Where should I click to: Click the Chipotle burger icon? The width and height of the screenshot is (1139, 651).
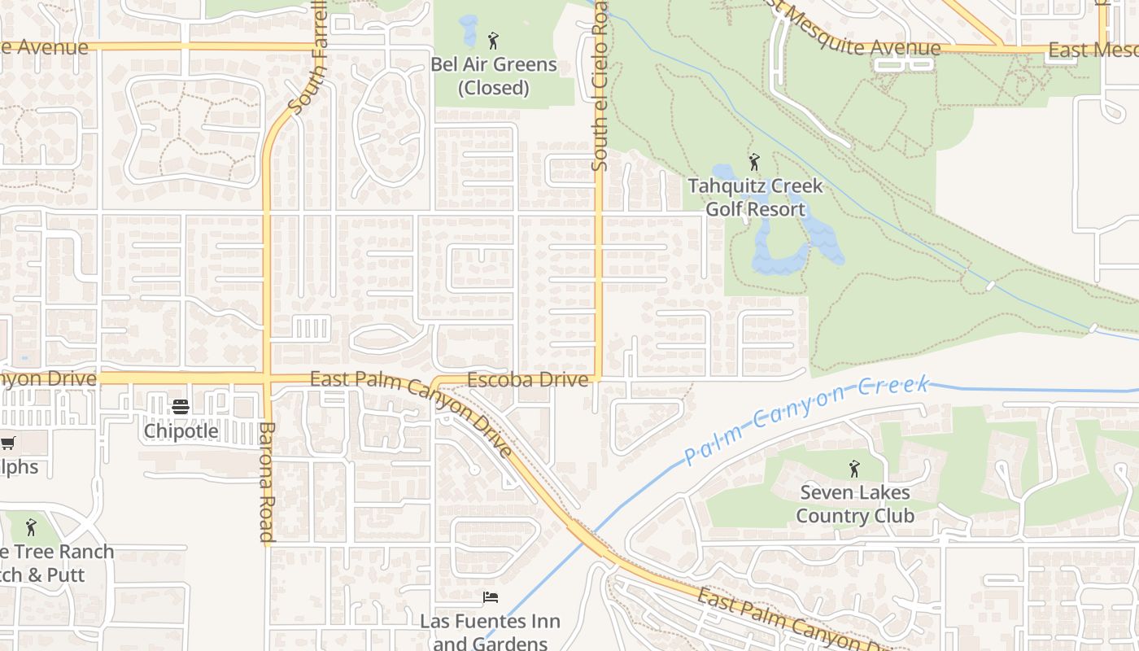point(181,407)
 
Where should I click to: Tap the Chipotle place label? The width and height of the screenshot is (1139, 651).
point(181,430)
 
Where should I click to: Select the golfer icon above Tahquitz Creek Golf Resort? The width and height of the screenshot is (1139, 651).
point(754,161)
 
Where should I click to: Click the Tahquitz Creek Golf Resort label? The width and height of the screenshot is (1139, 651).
point(755,198)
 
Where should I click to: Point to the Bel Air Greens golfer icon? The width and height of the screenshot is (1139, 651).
point(492,41)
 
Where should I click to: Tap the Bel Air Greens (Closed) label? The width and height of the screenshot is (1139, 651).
point(494,76)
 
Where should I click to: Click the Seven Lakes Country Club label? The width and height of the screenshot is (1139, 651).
point(855,504)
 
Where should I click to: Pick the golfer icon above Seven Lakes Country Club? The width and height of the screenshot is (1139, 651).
point(854,469)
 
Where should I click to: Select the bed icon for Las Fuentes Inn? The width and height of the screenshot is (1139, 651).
point(491,598)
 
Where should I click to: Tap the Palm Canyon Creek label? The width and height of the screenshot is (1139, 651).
point(805,420)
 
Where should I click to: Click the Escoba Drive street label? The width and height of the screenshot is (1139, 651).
point(527,380)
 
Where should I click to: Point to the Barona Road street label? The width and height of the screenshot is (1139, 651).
point(267,482)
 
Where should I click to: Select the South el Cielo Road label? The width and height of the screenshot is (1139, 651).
point(600,90)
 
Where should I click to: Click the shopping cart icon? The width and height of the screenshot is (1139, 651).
point(7,443)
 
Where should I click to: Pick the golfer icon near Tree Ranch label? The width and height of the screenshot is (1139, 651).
point(32,527)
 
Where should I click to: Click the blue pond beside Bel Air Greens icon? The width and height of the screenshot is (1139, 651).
point(469,31)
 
